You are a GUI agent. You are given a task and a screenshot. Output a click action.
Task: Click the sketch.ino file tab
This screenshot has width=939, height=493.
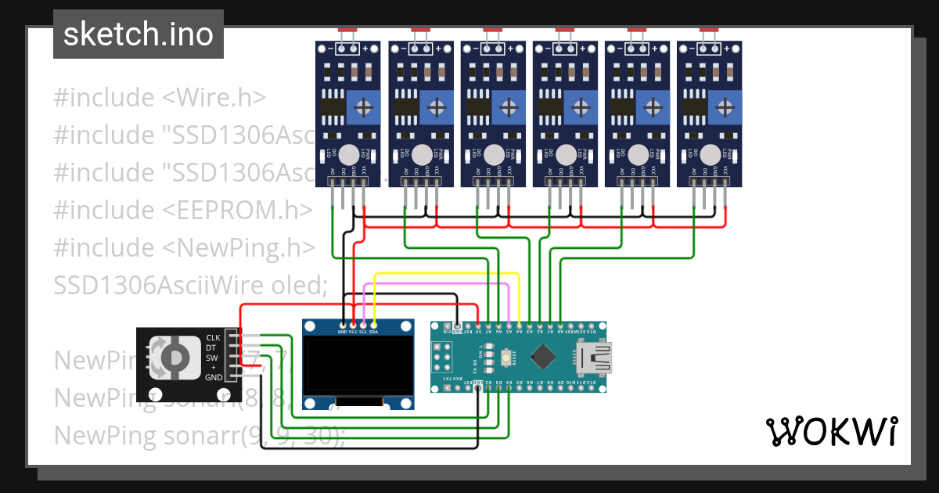coord(138,34)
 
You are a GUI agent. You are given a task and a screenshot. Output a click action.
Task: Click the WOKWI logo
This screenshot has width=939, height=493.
coord(831,431)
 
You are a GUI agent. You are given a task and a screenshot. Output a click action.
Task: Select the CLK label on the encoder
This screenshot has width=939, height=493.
coord(213,338)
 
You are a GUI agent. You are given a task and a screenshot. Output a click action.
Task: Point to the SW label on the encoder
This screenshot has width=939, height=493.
coord(212,358)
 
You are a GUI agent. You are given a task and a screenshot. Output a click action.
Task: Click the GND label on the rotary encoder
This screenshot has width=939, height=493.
coord(213,377)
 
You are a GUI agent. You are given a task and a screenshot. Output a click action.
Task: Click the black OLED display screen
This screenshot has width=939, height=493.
coord(358,366)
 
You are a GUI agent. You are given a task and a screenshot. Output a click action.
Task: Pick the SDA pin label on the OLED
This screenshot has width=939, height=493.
coord(374,331)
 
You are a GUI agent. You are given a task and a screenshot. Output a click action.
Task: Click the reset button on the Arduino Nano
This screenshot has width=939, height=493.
coord(507,358)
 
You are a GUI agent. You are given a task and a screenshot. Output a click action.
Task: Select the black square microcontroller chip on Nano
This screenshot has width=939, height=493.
coord(542,358)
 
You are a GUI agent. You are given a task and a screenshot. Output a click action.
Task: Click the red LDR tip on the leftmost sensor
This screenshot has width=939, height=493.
coord(349,30)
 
